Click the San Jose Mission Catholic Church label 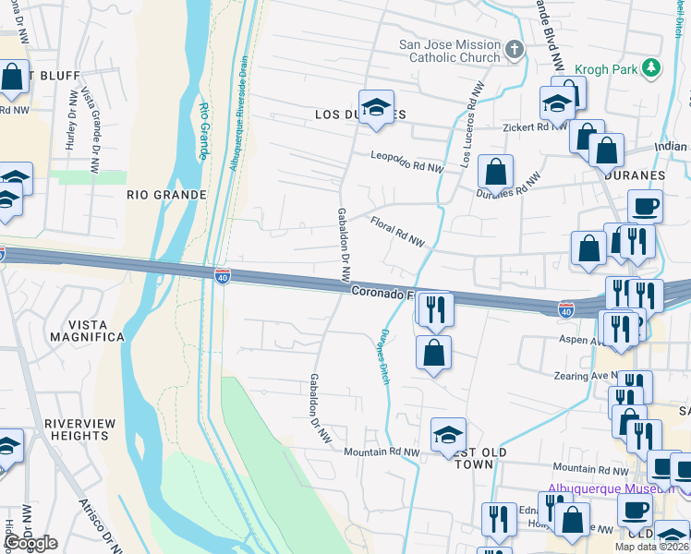449,50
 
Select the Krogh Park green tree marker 652,67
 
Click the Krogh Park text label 605,68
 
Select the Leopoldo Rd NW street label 407,162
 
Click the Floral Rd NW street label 397,231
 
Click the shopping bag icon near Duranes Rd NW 496,172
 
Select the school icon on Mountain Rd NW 448,435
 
